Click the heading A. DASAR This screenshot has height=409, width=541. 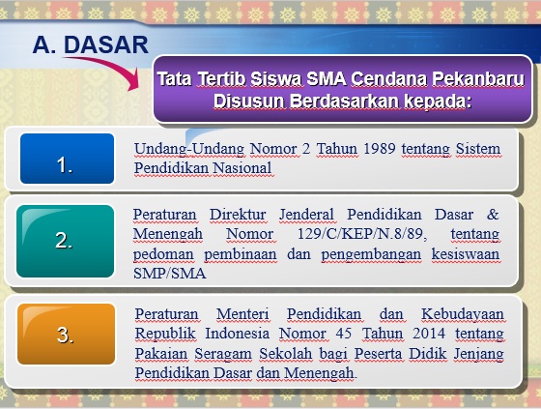coord(91,44)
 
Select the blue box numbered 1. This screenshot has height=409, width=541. coord(67,159)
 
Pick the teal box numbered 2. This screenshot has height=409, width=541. coord(66,241)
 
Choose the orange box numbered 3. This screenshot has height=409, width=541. coord(67,334)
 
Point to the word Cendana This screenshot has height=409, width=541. coord(388,79)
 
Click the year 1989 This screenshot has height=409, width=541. coord(379,149)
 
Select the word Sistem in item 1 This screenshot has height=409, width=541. coord(478,149)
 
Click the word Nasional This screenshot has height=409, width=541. coord(242,168)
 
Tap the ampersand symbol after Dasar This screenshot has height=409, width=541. coord(493,215)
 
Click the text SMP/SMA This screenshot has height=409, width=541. coord(169,274)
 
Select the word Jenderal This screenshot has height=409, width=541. coord(306,215)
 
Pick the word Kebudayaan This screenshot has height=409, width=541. coord(463,314)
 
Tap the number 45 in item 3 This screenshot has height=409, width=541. coord(344,334)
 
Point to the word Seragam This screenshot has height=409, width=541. coord(222,354)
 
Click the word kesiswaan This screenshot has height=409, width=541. coord(466,254)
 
